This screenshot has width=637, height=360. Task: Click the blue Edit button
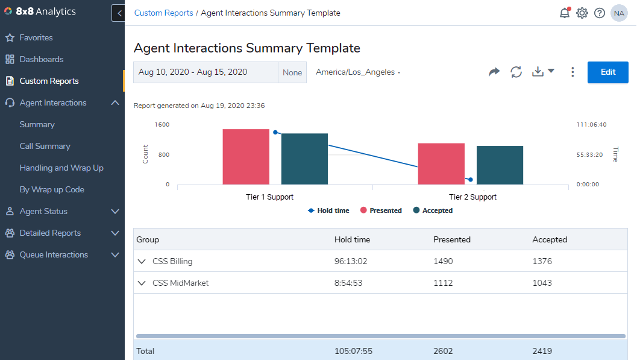pyautogui.click(x=607, y=72)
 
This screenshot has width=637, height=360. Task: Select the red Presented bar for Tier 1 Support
pyautogui.click(x=246, y=157)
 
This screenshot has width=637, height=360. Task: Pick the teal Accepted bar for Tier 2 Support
pyautogui.click(x=500, y=165)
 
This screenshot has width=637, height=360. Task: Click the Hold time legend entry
pyautogui.click(x=328, y=210)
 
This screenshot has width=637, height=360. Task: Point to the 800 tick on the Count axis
pyautogui.click(x=164, y=154)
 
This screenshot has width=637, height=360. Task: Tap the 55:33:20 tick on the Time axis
pyautogui.click(x=589, y=154)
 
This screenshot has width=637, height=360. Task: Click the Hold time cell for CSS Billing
pyautogui.click(x=351, y=261)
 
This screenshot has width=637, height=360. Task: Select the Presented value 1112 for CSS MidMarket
pyautogui.click(x=443, y=283)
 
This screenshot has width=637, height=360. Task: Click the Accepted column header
pyautogui.click(x=550, y=239)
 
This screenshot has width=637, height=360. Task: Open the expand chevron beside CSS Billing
pyautogui.click(x=142, y=261)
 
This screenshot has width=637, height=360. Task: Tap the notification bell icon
pyautogui.click(x=565, y=13)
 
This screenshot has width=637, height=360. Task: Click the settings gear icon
pyautogui.click(x=582, y=13)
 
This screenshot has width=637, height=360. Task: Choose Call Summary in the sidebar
pyautogui.click(x=45, y=146)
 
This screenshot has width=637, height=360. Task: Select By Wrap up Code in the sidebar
pyautogui.click(x=52, y=189)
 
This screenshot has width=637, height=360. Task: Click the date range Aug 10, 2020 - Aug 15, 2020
pyautogui.click(x=193, y=72)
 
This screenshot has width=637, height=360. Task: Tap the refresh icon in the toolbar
pyautogui.click(x=516, y=72)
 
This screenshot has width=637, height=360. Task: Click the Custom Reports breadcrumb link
pyautogui.click(x=163, y=13)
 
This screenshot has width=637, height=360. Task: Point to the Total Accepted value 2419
pyautogui.click(x=542, y=351)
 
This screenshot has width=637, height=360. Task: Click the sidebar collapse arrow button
pyautogui.click(x=119, y=13)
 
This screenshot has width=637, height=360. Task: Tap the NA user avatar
pyautogui.click(x=619, y=13)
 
